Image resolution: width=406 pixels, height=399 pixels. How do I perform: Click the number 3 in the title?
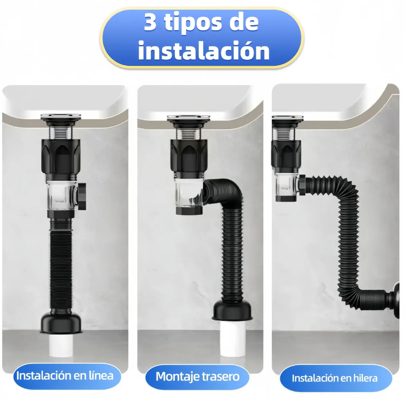pos(150,22)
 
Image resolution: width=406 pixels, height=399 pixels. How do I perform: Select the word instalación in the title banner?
pos(204,50)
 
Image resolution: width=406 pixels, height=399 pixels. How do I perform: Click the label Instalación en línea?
pos(65,375)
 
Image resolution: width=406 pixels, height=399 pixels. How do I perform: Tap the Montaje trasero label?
pos(197,377)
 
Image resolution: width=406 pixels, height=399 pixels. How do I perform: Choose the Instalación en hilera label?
pos(334,378)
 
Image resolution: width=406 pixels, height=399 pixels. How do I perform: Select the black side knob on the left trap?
pos(82,196)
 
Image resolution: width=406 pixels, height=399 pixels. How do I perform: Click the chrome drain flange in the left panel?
pos(60,117)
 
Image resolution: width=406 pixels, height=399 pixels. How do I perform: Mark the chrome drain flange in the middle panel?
pos(188,119)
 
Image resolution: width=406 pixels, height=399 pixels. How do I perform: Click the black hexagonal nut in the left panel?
pos(60,156)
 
